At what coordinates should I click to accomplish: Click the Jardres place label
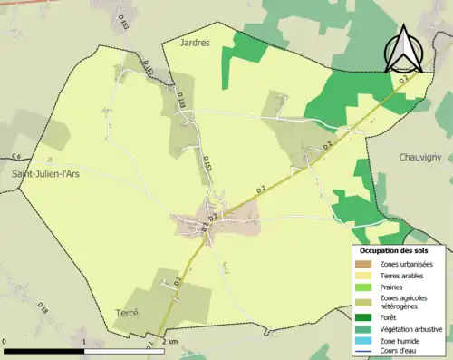click(x=195, y=43)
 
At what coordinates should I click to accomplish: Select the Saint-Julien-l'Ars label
click(x=45, y=173)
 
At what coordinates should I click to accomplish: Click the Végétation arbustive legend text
click(x=410, y=329)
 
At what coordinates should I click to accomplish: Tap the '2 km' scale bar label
click(x=170, y=341)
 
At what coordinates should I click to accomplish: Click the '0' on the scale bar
click(x=5, y=341)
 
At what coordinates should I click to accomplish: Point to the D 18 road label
click(x=43, y=313)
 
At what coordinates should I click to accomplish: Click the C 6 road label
click(x=15, y=157)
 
